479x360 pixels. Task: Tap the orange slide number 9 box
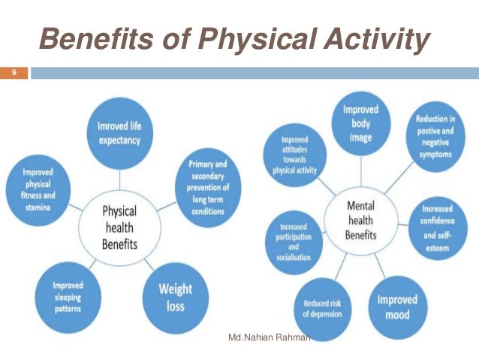pos(14,73)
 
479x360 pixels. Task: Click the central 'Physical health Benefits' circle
pos(119,226)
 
